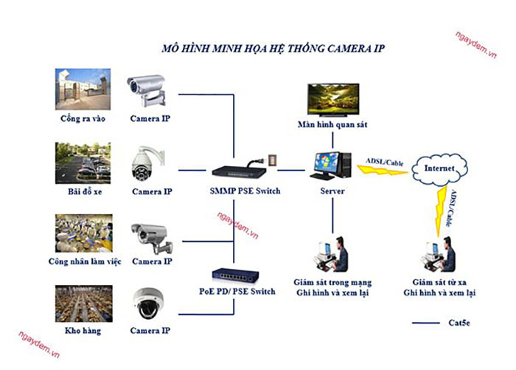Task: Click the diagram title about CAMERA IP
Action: click(x=273, y=48)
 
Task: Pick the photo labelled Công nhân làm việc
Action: click(x=83, y=233)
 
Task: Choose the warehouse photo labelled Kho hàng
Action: click(x=83, y=303)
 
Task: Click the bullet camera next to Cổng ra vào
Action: click(x=150, y=89)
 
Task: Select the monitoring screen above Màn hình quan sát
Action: click(x=336, y=99)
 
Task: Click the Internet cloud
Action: click(x=440, y=169)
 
